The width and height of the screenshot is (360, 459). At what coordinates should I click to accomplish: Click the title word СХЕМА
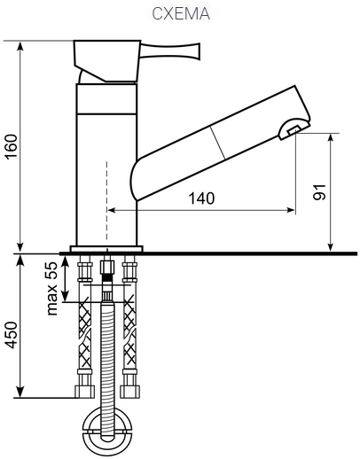click(181, 13)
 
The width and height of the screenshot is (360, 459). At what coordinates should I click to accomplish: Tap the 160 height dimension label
click(12, 147)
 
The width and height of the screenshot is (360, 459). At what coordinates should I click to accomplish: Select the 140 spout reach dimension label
click(201, 198)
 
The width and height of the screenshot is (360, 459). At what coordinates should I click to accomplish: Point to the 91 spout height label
click(319, 192)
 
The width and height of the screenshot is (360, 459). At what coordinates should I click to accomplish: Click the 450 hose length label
click(12, 335)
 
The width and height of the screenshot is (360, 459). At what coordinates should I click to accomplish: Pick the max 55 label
click(51, 288)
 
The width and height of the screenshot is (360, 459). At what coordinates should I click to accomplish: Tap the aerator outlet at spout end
click(293, 130)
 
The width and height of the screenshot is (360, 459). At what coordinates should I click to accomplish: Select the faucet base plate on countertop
click(106, 249)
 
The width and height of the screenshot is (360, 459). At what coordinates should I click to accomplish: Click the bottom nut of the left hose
click(84, 392)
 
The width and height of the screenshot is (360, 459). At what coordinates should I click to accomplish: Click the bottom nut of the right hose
click(129, 392)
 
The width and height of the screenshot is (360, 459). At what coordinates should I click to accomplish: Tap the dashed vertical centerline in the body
click(106, 201)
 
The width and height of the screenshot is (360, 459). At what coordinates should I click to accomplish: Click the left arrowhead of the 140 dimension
click(111, 210)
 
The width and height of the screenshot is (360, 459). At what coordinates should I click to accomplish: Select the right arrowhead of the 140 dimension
click(291, 210)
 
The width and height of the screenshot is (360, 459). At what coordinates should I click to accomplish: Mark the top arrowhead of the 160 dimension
click(20, 46)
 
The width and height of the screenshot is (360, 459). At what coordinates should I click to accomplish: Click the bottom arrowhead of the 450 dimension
click(20, 393)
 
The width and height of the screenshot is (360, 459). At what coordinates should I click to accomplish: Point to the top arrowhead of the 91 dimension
click(331, 137)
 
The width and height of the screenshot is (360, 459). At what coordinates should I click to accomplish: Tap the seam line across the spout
click(217, 143)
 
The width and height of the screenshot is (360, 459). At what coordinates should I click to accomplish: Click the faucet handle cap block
click(107, 61)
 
